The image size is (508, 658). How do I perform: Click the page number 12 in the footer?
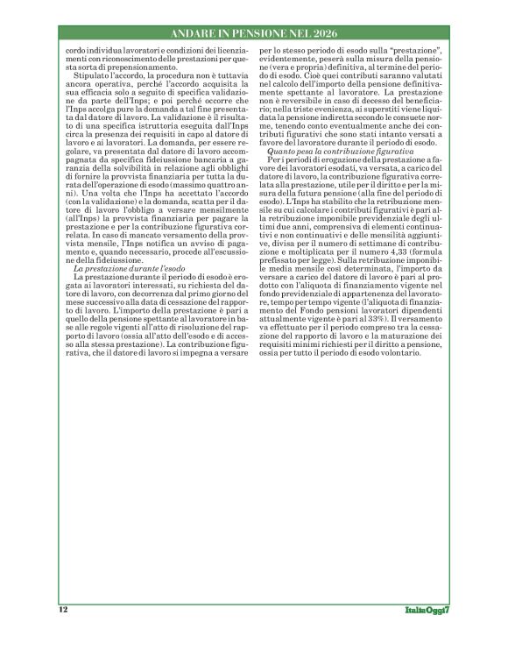click(63, 609)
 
